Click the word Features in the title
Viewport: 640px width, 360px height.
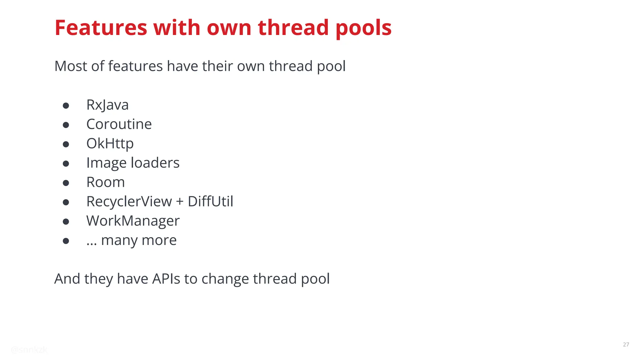pyautogui.click(x=101, y=28)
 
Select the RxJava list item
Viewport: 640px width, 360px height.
pyautogui.click(x=107, y=105)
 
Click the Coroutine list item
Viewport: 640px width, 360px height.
pyautogui.click(x=119, y=124)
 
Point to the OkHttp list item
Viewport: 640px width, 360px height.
pyautogui.click(x=110, y=144)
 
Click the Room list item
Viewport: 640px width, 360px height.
pyautogui.click(x=105, y=182)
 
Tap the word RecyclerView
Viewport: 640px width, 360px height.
pyautogui.click(x=129, y=202)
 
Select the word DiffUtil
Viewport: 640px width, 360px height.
pyautogui.click(x=210, y=202)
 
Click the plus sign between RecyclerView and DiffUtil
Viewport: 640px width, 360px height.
pyautogui.click(x=180, y=202)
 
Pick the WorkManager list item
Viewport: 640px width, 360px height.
pyautogui.click(x=133, y=221)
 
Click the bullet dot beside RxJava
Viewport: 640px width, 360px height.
pyautogui.click(x=66, y=106)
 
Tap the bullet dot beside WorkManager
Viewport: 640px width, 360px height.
pyautogui.click(x=66, y=222)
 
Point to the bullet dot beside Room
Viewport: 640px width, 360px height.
pyautogui.click(x=66, y=183)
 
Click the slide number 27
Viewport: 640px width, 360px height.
pyautogui.click(x=626, y=344)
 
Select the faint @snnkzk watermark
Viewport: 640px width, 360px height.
pyautogui.click(x=29, y=350)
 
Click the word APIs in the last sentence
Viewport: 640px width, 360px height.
pyautogui.click(x=166, y=279)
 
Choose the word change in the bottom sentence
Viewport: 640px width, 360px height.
pyautogui.click(x=225, y=279)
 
